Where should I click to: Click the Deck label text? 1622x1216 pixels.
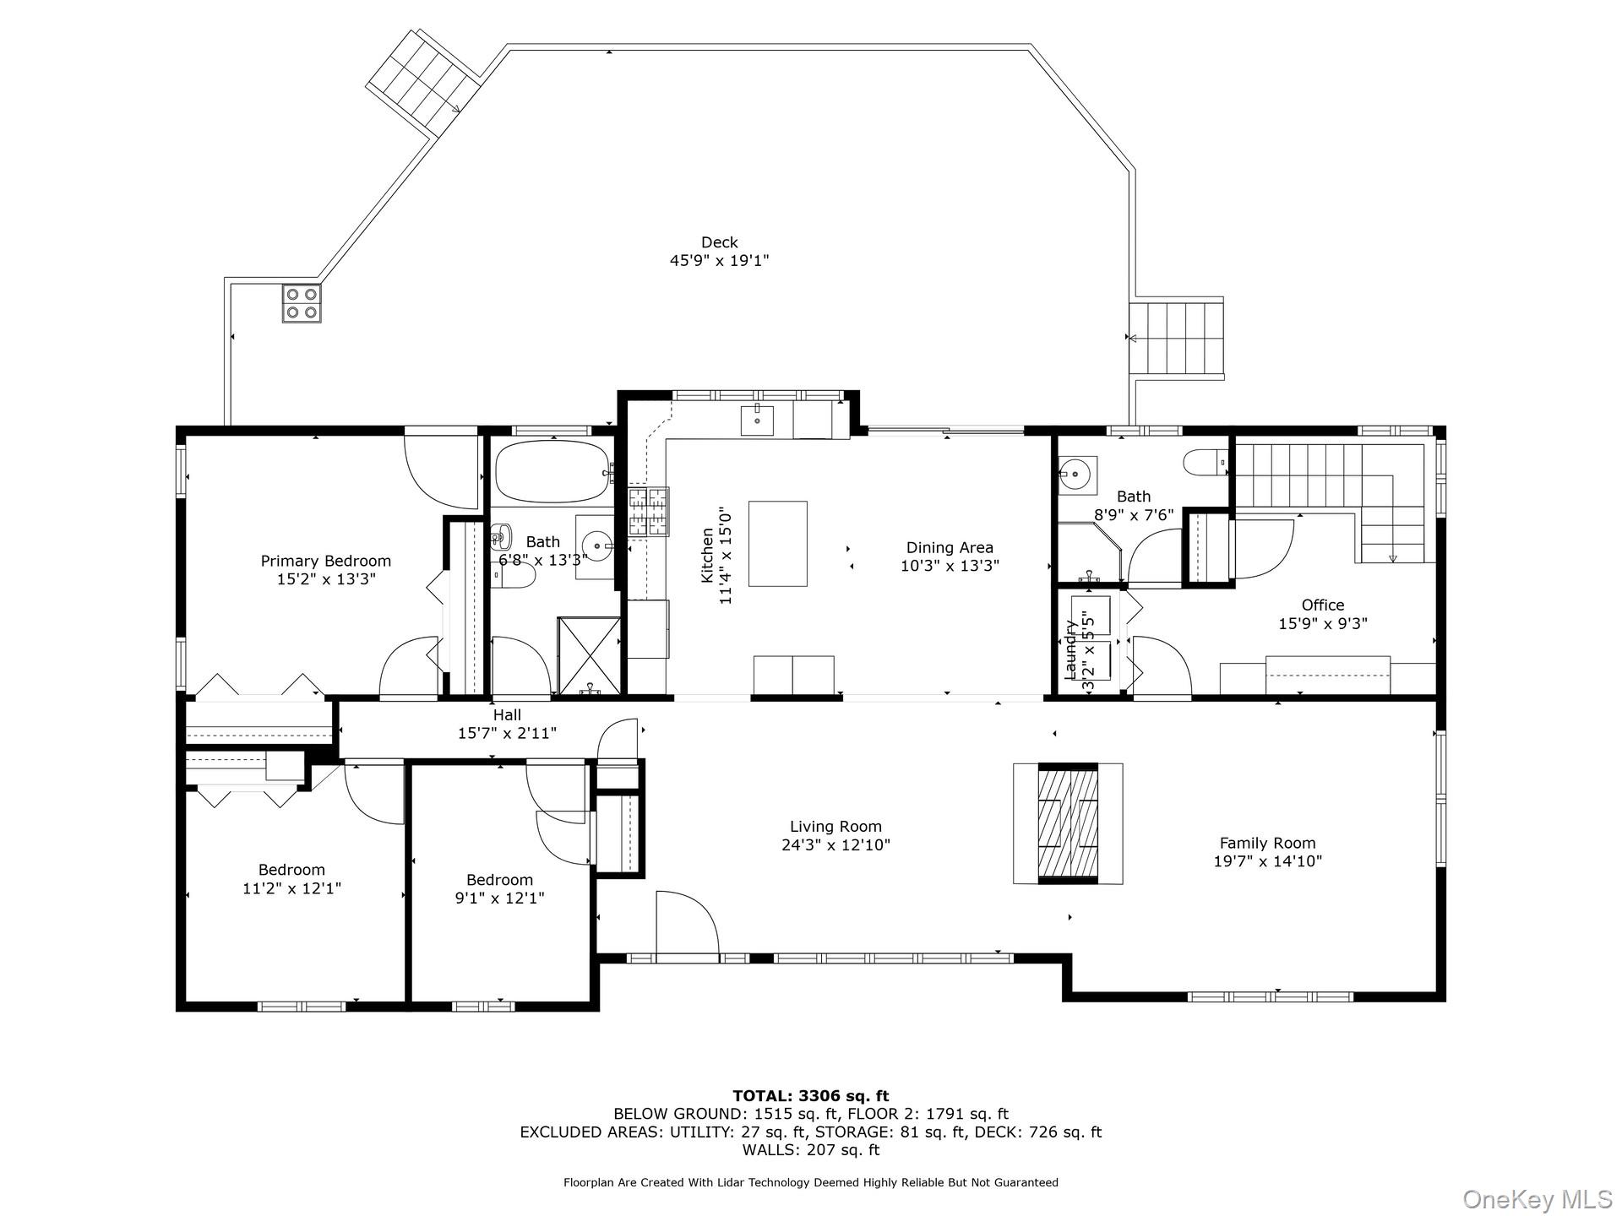[x=719, y=243]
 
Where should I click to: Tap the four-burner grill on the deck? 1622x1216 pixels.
[x=302, y=303]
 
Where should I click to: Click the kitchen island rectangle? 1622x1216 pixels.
[x=777, y=543]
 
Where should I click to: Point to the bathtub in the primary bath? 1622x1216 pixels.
[x=552, y=472]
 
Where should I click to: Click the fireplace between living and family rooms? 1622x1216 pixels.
[x=1068, y=823]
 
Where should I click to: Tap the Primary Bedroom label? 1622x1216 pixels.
[x=325, y=561]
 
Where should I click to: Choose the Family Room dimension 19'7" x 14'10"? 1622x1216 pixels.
[x=1267, y=861]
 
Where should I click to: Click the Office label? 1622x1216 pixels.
[x=1322, y=605]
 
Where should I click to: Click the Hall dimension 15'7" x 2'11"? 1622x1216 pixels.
[x=507, y=733]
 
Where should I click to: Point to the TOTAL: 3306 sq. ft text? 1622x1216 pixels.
[x=810, y=1096]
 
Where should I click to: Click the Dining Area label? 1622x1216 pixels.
[x=950, y=547]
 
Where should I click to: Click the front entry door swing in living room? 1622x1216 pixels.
[x=686, y=926]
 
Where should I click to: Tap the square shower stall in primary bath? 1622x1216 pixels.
[x=589, y=654]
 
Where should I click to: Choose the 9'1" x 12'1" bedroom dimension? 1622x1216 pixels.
[x=499, y=898]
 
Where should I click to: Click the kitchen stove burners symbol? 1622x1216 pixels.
[x=648, y=512]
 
